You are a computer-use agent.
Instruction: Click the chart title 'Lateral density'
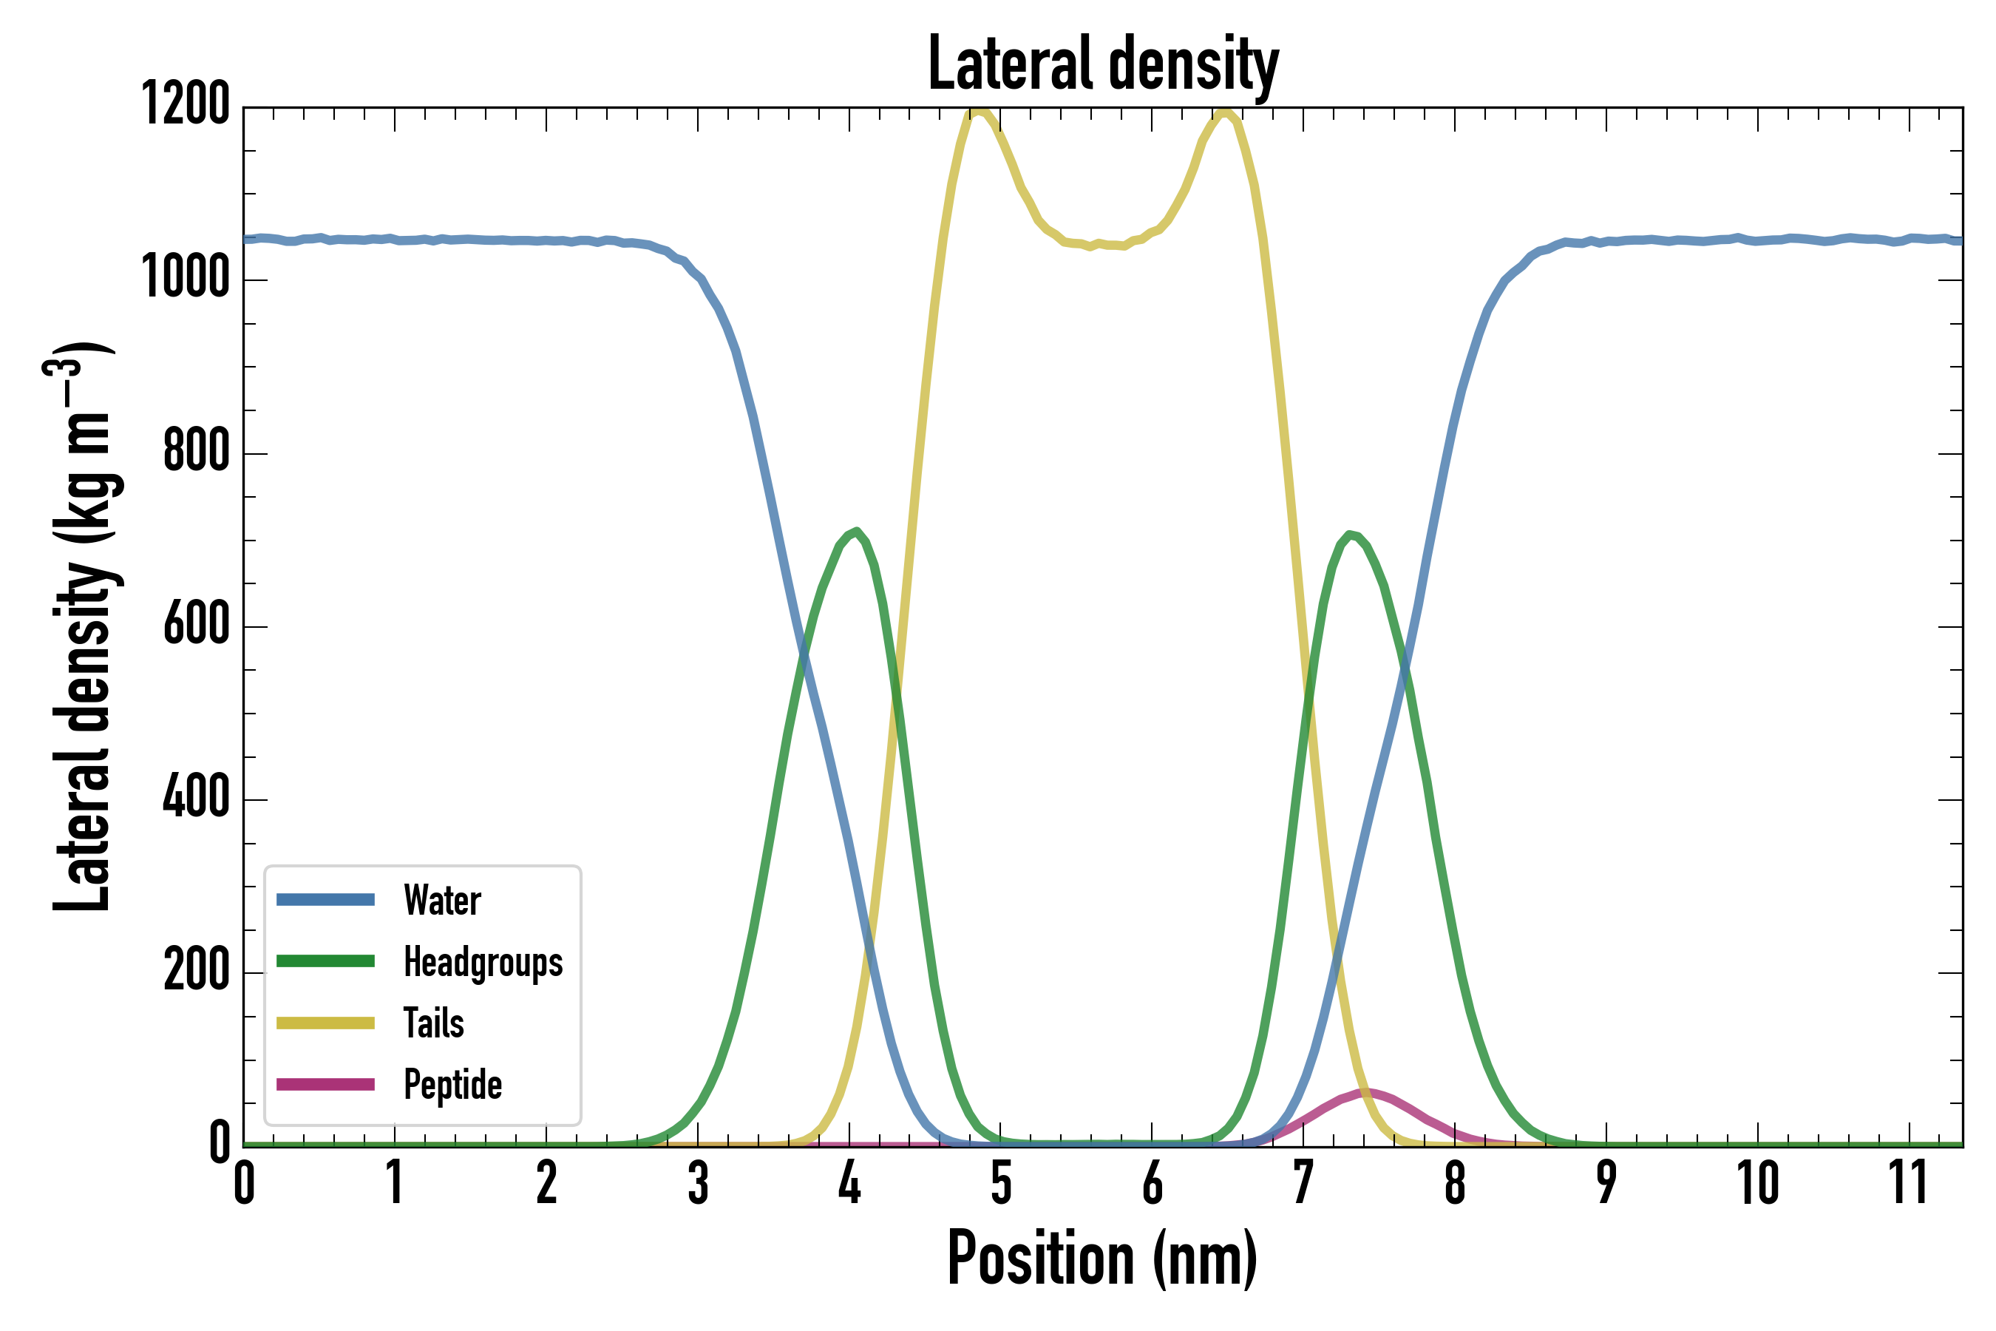1102,64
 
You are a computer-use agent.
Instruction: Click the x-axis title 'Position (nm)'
1102,1258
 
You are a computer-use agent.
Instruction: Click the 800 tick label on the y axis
196,452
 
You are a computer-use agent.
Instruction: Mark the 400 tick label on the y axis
196,798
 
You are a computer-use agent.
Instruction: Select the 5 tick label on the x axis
1002,1183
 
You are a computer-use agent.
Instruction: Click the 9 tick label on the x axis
1606,1183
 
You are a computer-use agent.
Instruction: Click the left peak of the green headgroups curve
857,532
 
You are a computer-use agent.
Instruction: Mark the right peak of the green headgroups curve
1349,534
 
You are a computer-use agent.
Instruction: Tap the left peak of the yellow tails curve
980,111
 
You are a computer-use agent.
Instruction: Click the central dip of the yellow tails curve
1090,246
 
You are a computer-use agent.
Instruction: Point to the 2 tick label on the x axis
546,1183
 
